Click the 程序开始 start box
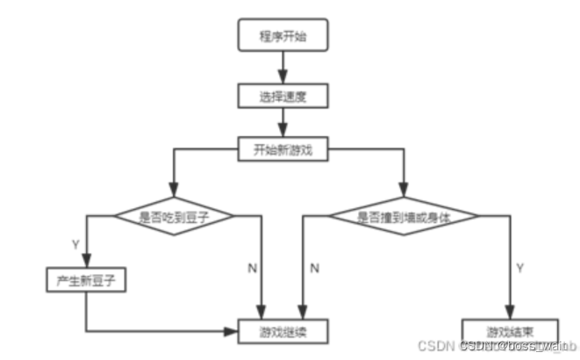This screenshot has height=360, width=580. tap(283, 37)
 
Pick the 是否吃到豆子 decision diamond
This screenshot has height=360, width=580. tap(172, 214)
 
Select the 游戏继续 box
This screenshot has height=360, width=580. tap(283, 332)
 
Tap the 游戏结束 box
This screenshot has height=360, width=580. tap(510, 332)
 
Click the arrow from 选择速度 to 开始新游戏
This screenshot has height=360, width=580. tap(283, 119)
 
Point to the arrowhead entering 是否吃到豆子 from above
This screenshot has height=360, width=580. tap(172, 193)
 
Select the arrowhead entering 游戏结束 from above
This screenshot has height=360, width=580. tap(510, 315)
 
